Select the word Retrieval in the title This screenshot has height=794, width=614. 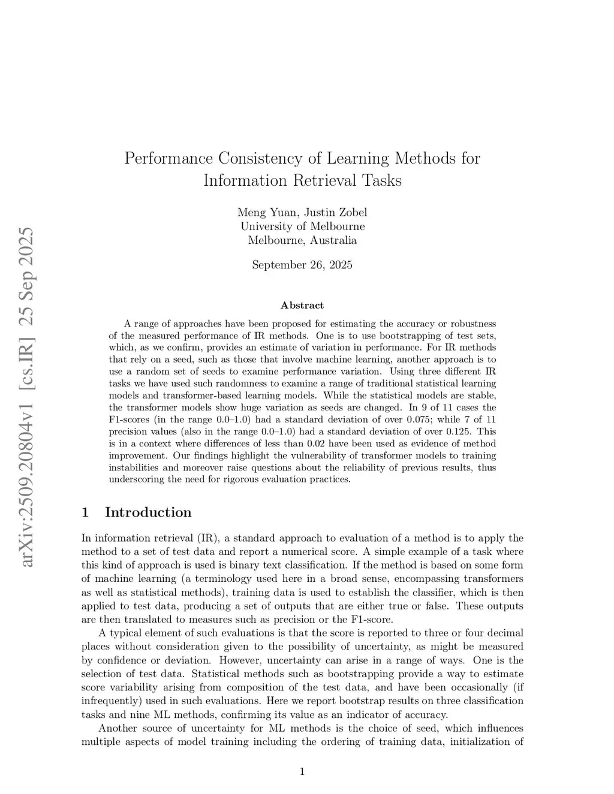(x=327, y=180)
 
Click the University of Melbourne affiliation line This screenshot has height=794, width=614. (x=302, y=226)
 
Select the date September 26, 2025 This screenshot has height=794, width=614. (x=302, y=264)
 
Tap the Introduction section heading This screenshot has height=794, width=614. (x=148, y=512)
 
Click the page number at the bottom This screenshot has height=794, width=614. (x=302, y=772)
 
